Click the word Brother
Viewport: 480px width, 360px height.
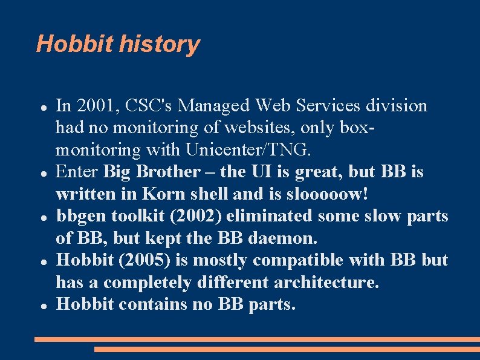click(x=167, y=172)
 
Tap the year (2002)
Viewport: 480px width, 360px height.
click(x=193, y=216)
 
